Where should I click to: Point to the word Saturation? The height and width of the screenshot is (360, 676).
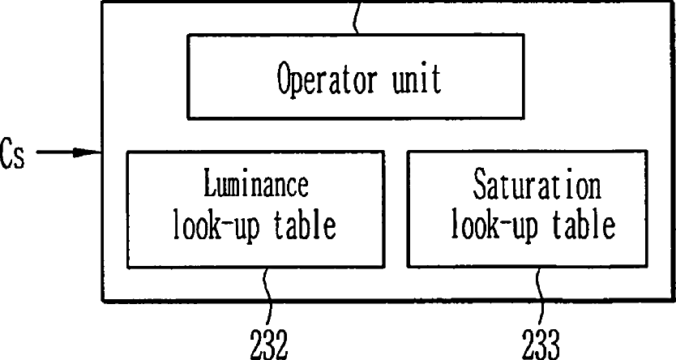(x=537, y=184)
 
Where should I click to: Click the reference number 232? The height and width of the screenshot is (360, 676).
(x=268, y=344)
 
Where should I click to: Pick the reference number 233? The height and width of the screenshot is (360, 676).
(x=541, y=344)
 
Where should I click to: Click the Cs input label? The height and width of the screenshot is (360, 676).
(x=12, y=153)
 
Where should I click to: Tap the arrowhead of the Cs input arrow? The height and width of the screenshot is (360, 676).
(x=87, y=152)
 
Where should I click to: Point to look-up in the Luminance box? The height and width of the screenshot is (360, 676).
(x=216, y=226)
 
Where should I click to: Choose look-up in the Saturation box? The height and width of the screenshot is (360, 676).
(x=495, y=226)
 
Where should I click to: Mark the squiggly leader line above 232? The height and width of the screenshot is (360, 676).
(x=268, y=298)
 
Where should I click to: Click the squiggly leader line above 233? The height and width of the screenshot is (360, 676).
(x=539, y=298)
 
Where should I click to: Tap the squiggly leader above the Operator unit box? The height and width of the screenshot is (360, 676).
(x=356, y=17)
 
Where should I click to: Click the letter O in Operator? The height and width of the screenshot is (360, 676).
(x=285, y=78)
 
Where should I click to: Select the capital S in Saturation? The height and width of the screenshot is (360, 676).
(x=481, y=184)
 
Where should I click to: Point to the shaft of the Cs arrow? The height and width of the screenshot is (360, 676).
(x=55, y=152)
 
